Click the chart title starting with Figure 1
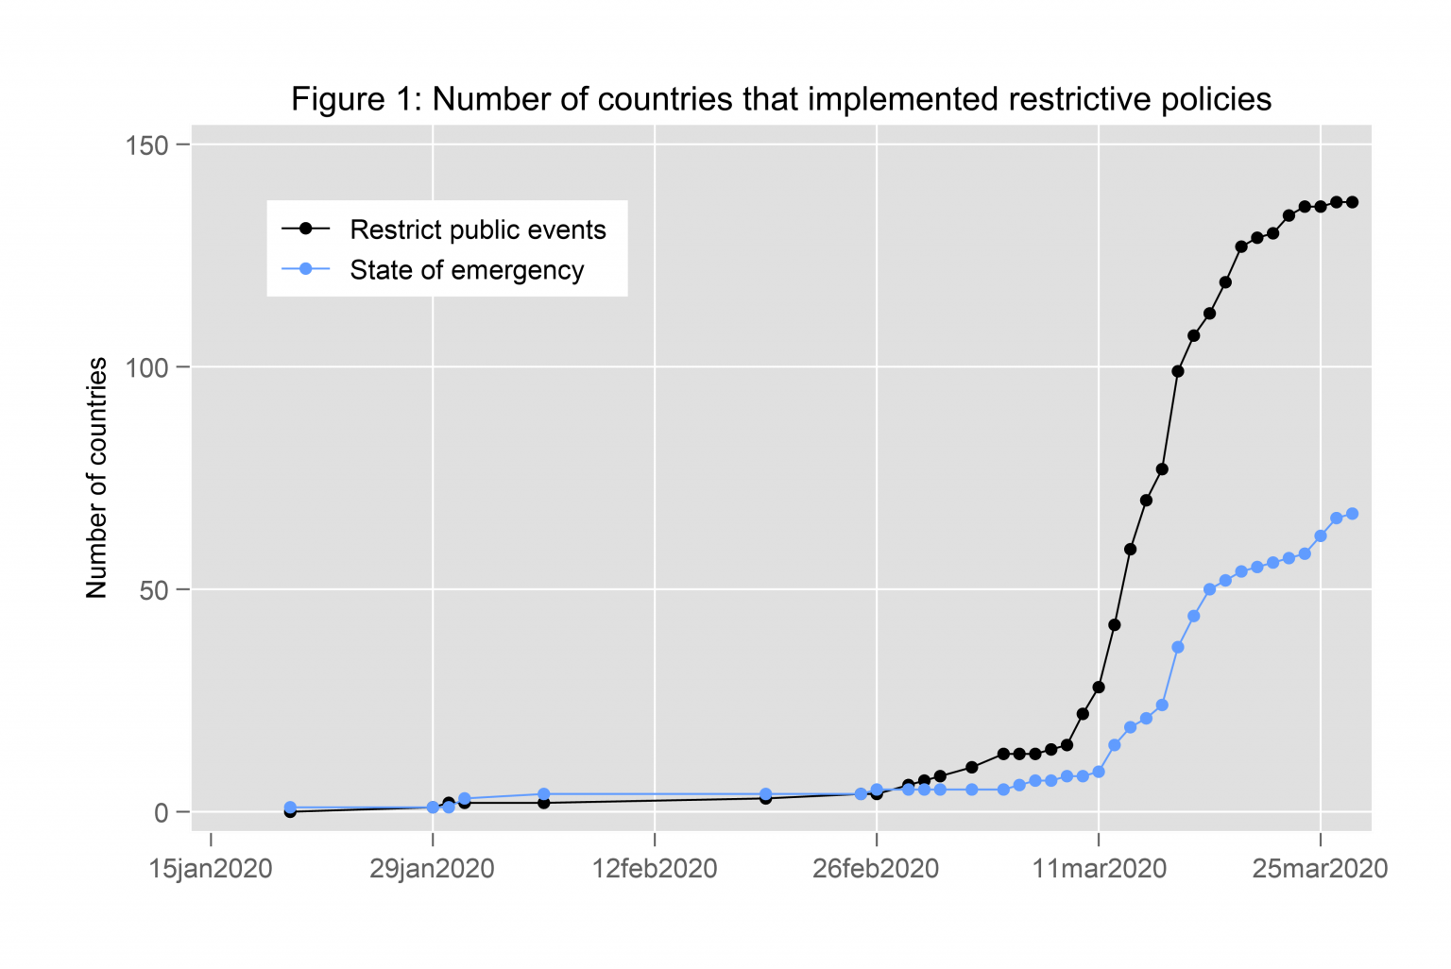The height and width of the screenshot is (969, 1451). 780,99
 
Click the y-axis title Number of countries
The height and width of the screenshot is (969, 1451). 96,478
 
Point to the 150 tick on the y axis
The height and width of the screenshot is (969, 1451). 146,145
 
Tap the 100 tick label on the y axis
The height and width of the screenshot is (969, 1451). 146,367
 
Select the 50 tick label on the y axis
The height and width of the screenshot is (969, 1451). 153,590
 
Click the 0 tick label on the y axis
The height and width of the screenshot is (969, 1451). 161,812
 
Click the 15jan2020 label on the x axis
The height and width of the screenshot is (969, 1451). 211,869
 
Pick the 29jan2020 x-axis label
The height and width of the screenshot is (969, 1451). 432,869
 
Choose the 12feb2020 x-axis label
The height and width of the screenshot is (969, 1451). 655,869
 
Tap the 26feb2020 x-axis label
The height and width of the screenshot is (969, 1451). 876,869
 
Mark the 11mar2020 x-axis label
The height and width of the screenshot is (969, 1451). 1100,869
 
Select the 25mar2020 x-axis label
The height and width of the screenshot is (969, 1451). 1320,869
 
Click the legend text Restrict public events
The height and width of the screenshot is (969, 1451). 477,229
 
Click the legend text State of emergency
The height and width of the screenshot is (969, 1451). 467,270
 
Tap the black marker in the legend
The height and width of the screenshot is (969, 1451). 305,229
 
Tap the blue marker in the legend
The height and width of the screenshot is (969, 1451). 305,269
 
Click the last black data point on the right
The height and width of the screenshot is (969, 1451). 1352,202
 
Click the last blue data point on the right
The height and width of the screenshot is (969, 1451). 1352,514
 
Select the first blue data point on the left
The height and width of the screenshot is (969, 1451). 290,807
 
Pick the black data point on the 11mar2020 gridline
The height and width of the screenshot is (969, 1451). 1098,688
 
